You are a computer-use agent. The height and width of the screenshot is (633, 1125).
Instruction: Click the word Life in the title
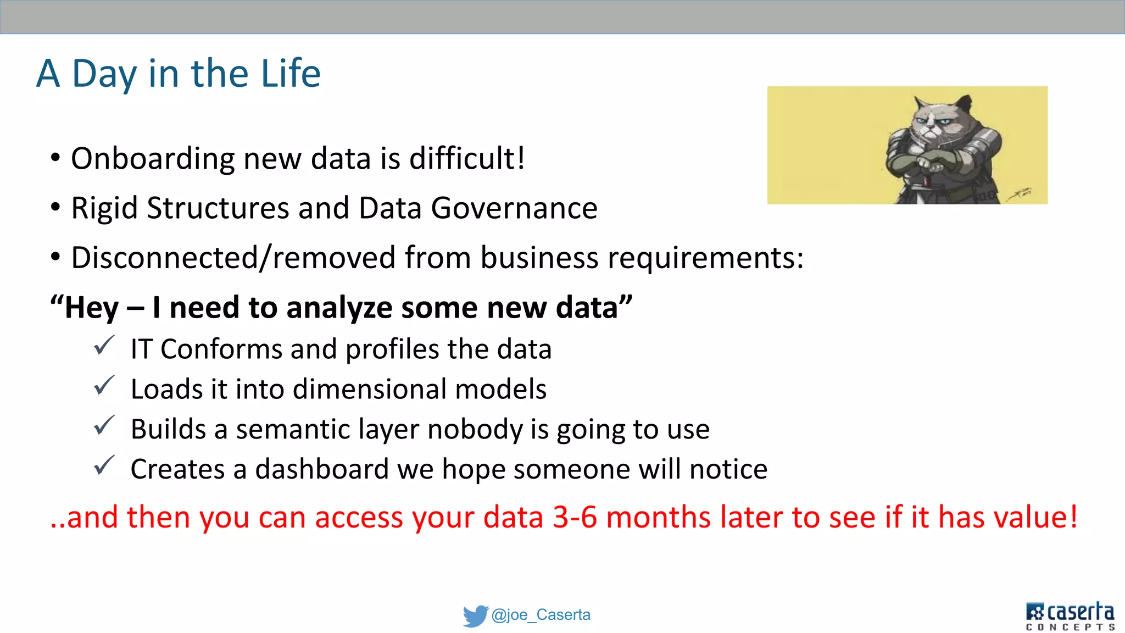291,74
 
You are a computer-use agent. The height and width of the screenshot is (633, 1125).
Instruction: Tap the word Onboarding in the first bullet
153,159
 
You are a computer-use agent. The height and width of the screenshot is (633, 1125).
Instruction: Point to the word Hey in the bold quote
91,308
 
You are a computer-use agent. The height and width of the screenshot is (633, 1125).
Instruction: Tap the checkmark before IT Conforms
104,346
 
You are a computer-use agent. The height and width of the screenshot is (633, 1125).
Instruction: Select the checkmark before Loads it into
104,386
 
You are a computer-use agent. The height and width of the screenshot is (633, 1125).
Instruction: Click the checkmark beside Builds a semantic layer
104,426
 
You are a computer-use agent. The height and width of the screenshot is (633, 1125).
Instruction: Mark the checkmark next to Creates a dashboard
104,467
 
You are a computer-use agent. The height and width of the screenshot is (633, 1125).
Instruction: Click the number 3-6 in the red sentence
575,518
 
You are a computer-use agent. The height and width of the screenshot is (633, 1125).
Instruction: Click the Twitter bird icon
475,616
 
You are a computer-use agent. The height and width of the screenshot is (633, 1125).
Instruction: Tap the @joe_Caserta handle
541,615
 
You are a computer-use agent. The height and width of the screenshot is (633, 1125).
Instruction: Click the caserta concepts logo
1070,616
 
